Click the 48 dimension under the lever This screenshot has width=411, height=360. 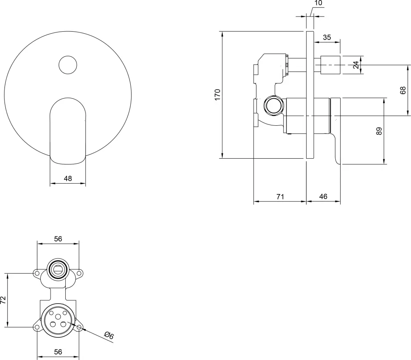click(68, 178)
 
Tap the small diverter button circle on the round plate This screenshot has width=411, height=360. click(67, 65)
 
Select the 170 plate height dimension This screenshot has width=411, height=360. click(218, 94)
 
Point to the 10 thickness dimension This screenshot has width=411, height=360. click(319, 3)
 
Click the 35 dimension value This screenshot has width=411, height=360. click(327, 37)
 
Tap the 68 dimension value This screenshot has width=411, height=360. click(403, 90)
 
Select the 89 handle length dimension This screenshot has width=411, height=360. click(379, 131)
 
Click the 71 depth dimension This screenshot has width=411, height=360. click(280, 196)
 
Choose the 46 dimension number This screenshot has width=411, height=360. click(323, 196)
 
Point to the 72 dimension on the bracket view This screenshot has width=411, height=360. click(4, 300)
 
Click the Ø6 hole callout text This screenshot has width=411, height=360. click(109, 336)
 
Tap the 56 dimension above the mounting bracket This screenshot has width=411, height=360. click(58, 238)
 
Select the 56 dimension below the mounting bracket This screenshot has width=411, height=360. click(58, 351)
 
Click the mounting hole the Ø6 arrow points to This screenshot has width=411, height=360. click(79, 327)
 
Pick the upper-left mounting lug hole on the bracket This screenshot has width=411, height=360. click(37, 273)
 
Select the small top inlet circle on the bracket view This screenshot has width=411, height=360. click(58, 270)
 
